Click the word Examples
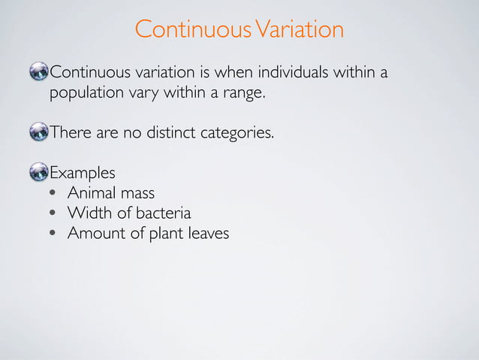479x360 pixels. click(83, 174)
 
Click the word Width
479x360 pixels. click(88, 213)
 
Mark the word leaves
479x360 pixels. click(209, 233)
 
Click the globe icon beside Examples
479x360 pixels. click(38, 174)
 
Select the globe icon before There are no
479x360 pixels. click(38, 134)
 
